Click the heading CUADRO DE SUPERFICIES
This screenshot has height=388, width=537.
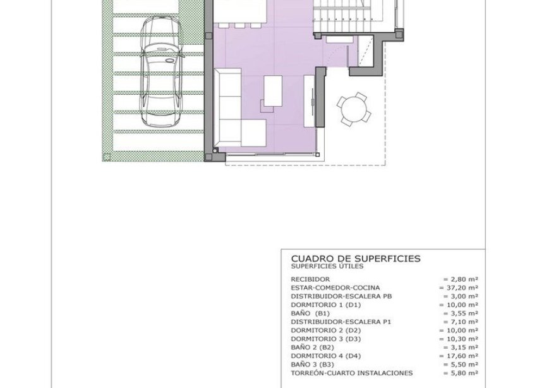point(355,258)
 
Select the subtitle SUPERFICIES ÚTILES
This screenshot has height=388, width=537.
point(327,266)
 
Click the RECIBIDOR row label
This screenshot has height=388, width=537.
point(310,279)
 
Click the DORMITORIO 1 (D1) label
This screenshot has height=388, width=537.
point(325,305)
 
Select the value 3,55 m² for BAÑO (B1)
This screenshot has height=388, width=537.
point(460,313)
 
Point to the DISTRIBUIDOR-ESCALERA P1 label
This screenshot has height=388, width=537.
point(341,322)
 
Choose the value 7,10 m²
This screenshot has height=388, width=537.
point(460,322)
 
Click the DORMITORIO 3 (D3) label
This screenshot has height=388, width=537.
point(325,339)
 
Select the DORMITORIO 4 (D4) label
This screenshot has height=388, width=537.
point(325,356)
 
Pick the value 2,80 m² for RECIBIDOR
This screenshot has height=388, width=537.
point(460,279)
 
